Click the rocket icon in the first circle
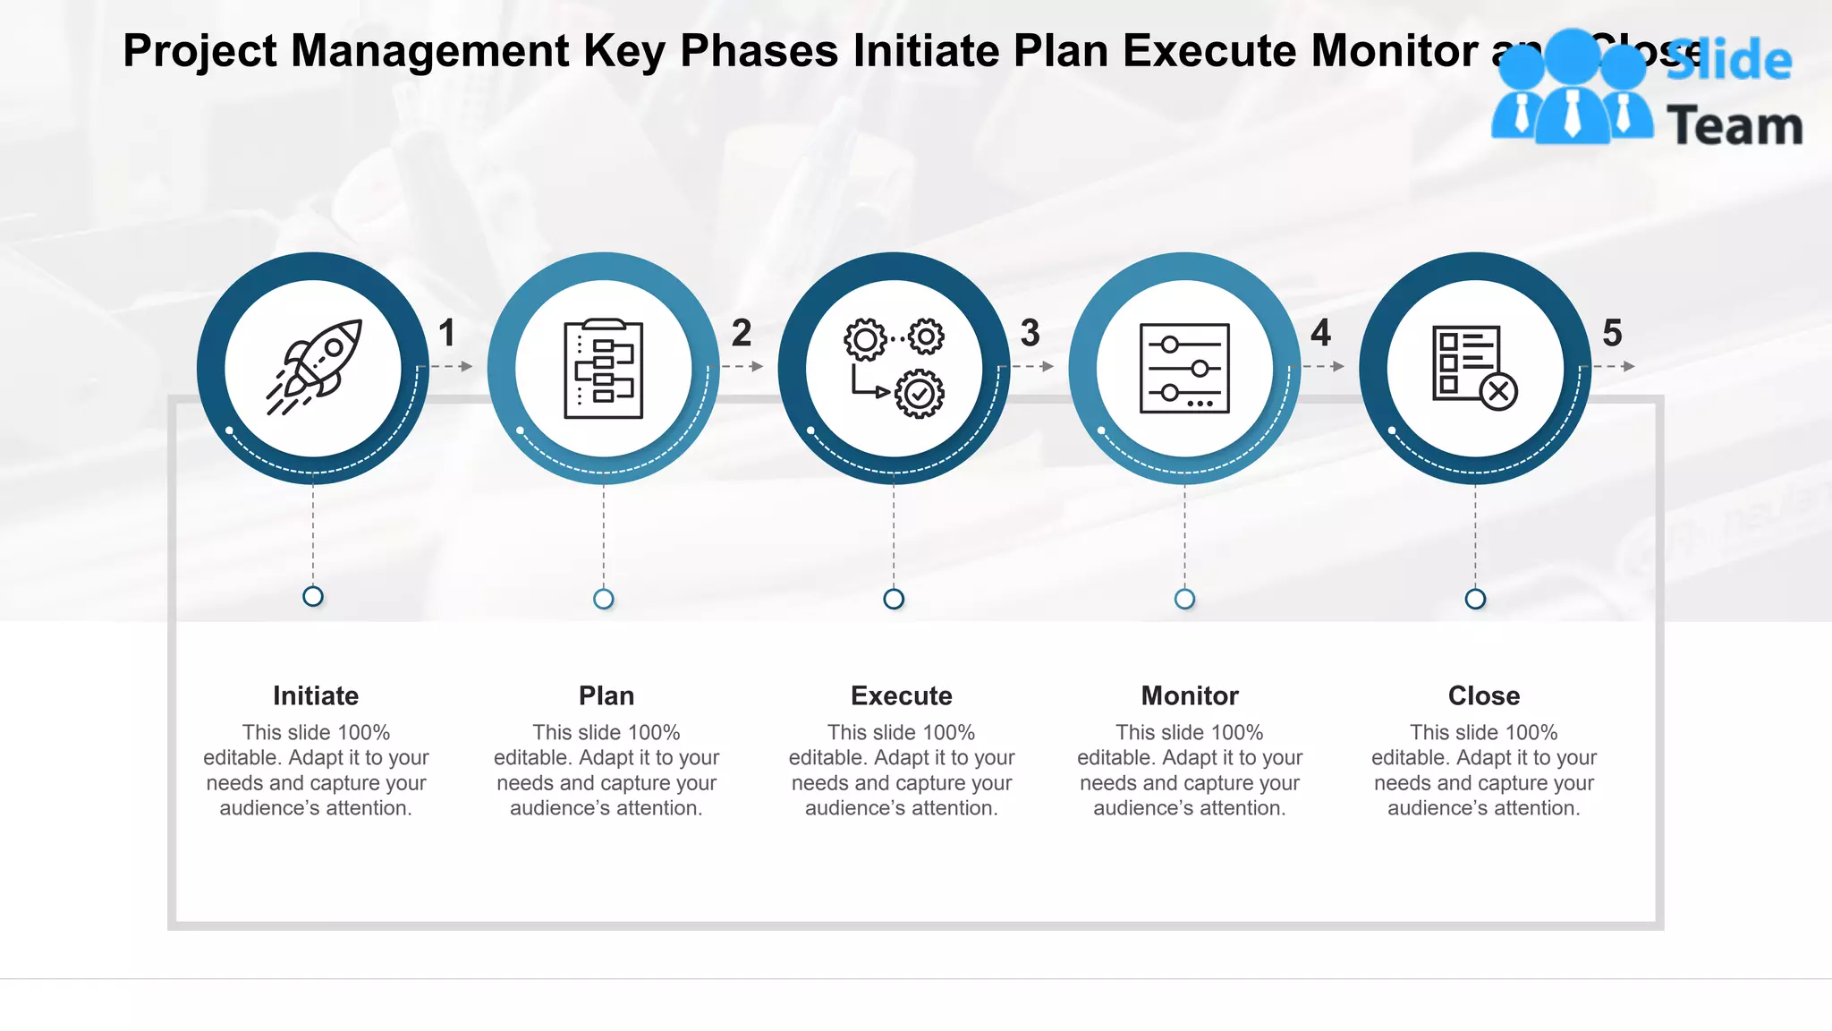[x=314, y=367]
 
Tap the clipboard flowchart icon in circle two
[x=604, y=368]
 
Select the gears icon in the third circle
[x=894, y=367]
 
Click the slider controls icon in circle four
[x=1184, y=368]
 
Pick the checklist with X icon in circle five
[x=1474, y=367]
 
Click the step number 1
[x=447, y=333]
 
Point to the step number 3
[x=1030, y=333]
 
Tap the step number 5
[x=1612, y=333]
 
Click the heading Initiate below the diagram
[x=316, y=695]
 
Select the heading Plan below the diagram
[x=606, y=695]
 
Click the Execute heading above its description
[x=901, y=695]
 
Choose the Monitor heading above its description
[x=1190, y=695]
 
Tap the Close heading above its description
[x=1484, y=695]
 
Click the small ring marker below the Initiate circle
[x=313, y=596]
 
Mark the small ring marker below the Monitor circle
[x=1184, y=599]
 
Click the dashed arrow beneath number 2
[x=742, y=366]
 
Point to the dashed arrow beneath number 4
[x=1323, y=366]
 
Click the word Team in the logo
[x=1734, y=126]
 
